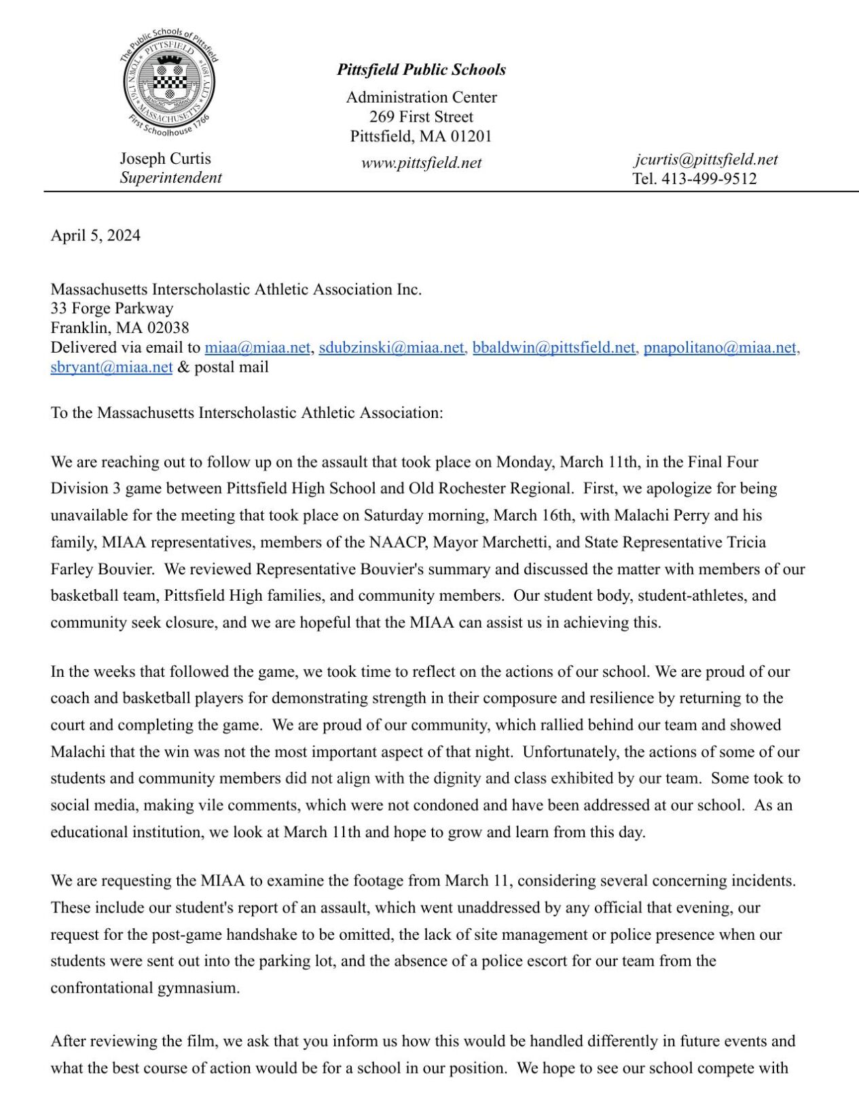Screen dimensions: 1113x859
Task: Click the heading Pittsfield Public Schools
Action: (x=421, y=69)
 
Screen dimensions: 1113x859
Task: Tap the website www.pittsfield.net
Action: (x=421, y=163)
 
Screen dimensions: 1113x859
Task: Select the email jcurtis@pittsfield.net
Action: (x=706, y=160)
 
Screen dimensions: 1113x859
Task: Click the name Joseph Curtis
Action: (x=165, y=158)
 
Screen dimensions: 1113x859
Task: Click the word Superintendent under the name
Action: (x=170, y=177)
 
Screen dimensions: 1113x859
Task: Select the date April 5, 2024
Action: (x=95, y=235)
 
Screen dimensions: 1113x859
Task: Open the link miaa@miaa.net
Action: (x=257, y=347)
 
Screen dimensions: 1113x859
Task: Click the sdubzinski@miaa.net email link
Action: (x=391, y=347)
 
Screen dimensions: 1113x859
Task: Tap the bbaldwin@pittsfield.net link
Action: (x=553, y=347)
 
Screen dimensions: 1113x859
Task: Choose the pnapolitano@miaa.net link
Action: (x=719, y=347)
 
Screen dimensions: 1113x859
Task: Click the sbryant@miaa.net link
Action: (x=111, y=367)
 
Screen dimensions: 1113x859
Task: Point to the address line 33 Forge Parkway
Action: (x=111, y=308)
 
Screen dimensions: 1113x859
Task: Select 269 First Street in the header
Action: (x=421, y=116)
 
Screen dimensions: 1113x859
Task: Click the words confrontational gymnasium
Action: (x=145, y=987)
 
